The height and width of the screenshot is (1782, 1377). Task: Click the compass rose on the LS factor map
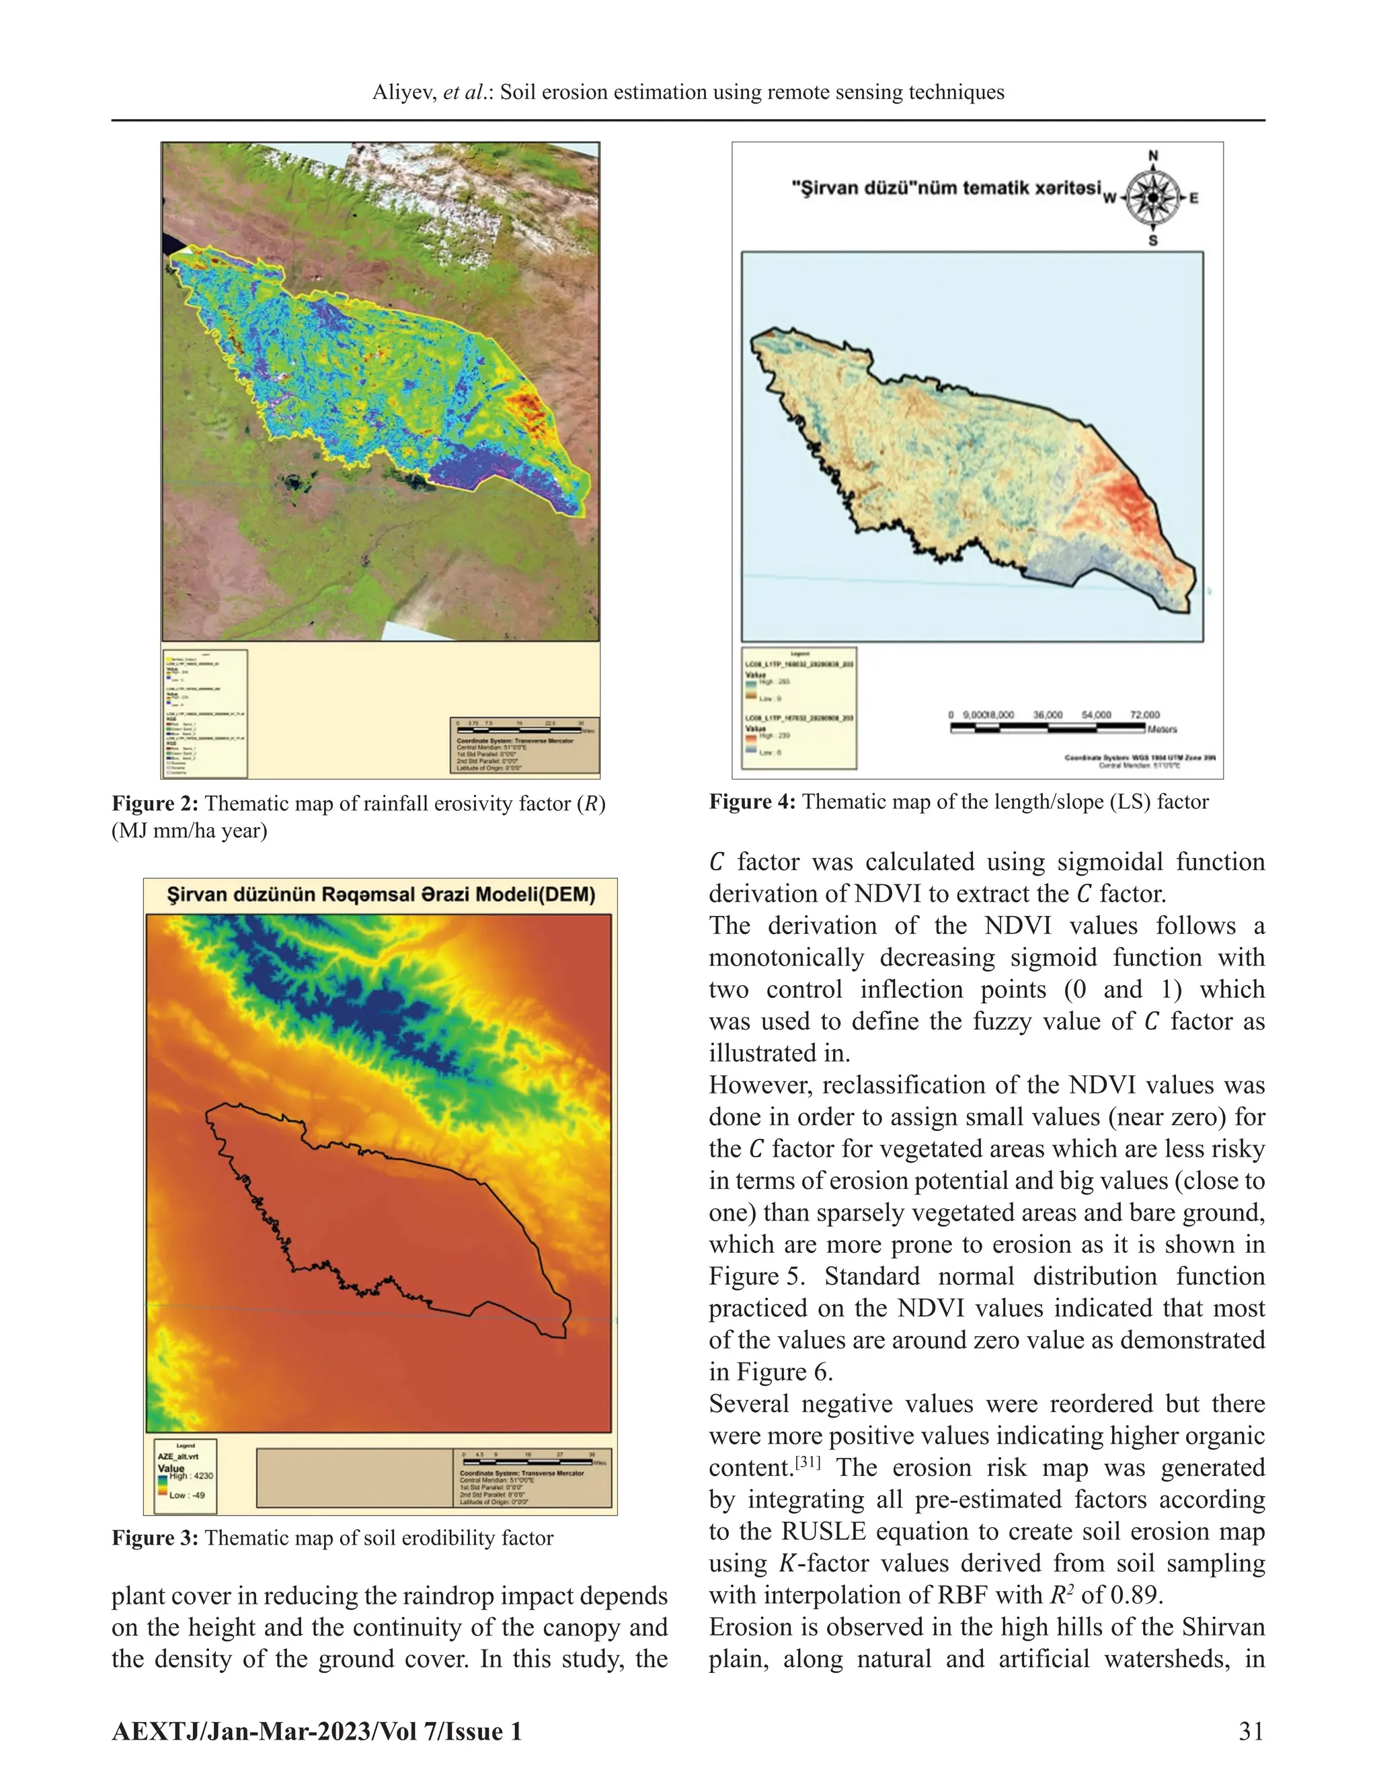(1152, 198)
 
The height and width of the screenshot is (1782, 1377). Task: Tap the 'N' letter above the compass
(1152, 156)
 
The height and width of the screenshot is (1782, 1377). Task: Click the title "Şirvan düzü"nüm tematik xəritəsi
(946, 188)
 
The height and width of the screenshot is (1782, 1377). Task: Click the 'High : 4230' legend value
(192, 1475)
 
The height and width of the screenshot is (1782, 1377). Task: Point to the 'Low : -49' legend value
(187, 1495)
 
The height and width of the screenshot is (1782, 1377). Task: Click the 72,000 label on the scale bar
(1144, 715)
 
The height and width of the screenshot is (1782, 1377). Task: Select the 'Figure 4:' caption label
(752, 802)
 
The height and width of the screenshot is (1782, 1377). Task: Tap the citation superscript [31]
(808, 1461)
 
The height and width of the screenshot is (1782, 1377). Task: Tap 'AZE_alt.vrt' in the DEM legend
(178, 1456)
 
